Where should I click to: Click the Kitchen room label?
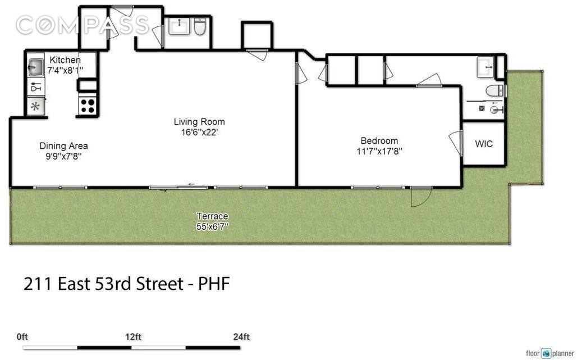click(65, 60)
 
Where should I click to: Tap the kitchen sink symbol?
click(35, 67)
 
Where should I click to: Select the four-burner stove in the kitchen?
click(87, 106)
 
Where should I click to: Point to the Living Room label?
click(199, 122)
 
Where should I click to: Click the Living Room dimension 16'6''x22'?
click(199, 133)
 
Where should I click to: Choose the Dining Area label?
click(63, 146)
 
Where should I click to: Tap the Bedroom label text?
click(379, 141)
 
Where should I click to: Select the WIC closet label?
click(484, 144)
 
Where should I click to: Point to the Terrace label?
click(212, 216)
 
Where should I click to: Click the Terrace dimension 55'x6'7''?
click(212, 226)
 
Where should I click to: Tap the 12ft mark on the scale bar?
click(133, 338)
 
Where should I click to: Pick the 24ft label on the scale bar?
click(241, 338)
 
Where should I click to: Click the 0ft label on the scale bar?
click(22, 338)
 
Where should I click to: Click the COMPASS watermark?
click(83, 25)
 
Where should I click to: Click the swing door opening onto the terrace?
click(420, 196)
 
